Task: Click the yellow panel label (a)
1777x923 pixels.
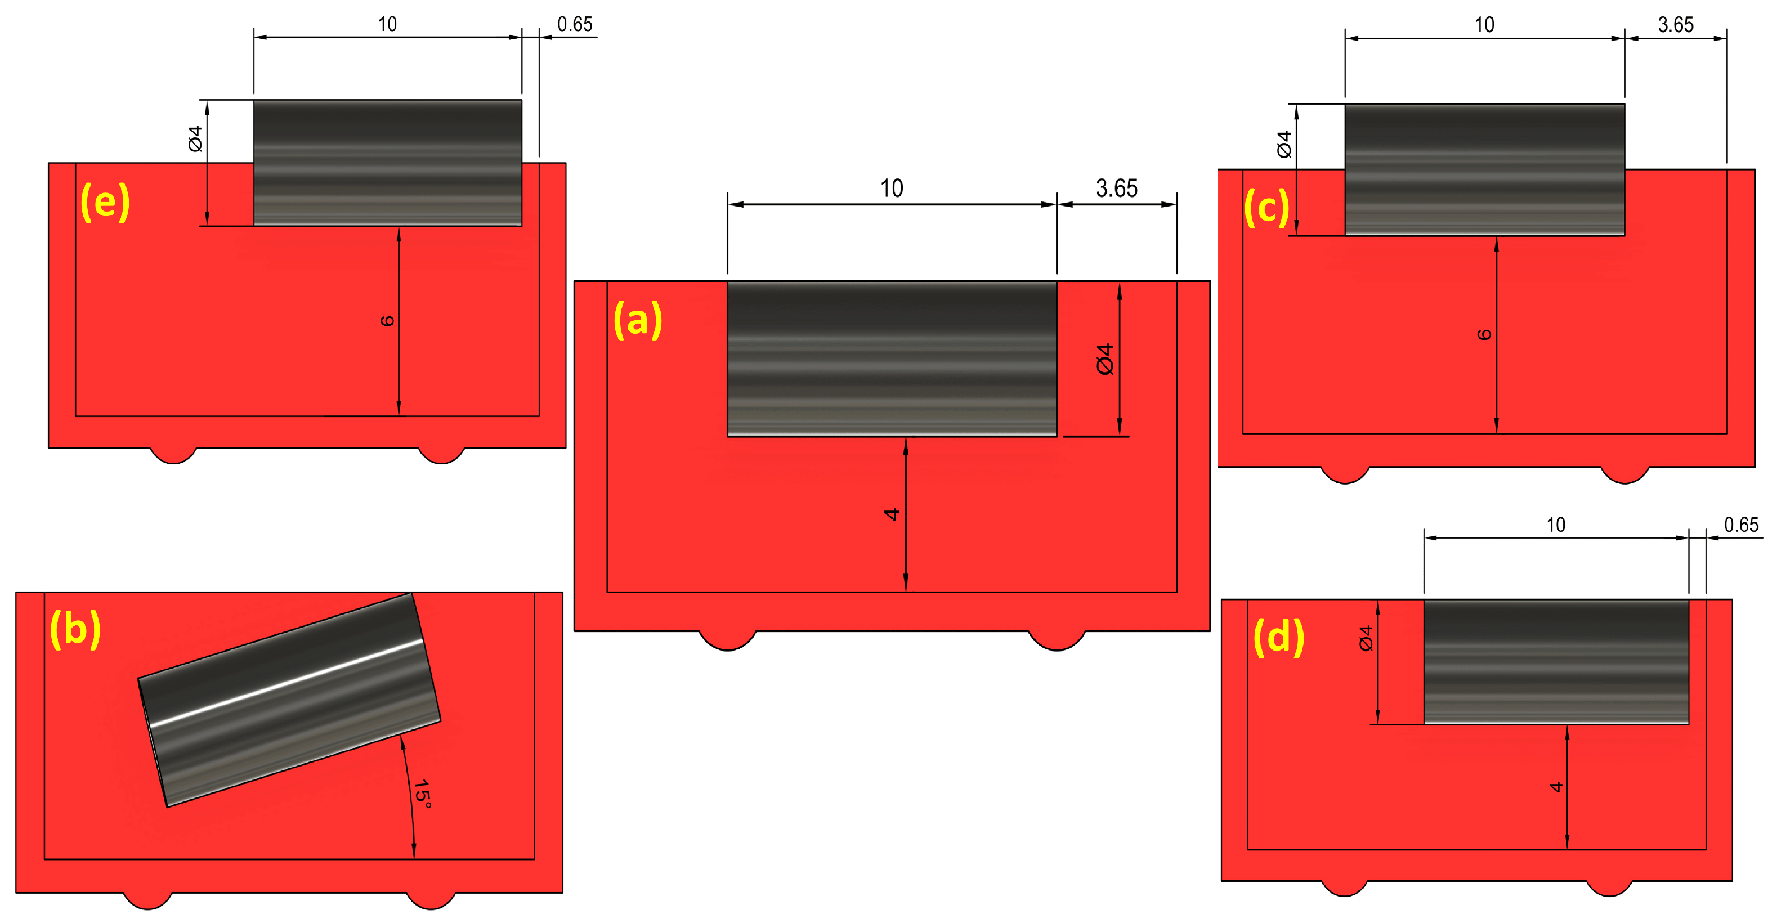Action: pos(637,320)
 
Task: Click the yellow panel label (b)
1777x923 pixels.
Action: pos(75,629)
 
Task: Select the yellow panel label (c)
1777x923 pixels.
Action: pos(1266,207)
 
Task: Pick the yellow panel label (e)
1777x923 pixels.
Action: pos(105,201)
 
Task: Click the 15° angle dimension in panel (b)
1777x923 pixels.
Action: pos(422,795)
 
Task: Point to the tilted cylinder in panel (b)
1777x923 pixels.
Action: pos(289,700)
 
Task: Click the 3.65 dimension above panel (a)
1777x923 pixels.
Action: pos(1116,189)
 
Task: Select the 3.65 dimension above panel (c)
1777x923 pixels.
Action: pos(1675,25)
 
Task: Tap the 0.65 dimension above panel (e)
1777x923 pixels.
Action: pos(575,24)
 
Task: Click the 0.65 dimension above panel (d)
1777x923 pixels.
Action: pos(1740,525)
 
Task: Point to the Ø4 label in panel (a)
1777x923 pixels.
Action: pos(1104,359)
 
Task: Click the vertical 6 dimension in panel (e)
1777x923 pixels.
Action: pos(388,321)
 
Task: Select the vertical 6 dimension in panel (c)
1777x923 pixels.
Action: pos(1484,334)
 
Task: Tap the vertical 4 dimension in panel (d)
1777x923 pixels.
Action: pos(1556,787)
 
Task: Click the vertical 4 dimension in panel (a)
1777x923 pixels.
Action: pos(892,514)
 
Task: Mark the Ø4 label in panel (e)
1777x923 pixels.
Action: pos(195,138)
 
